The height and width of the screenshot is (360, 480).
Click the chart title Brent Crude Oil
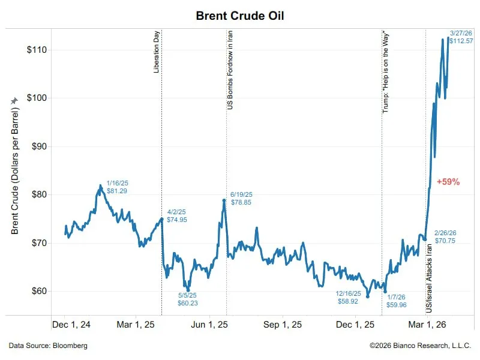240,16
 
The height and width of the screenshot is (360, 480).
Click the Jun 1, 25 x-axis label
209,325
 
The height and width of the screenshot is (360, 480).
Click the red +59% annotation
448,181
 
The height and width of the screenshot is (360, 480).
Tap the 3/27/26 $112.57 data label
461,37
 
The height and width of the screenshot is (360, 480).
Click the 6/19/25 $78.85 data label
241,199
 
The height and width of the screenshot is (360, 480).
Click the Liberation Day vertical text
157,53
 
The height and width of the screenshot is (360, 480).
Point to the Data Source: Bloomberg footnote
48,346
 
